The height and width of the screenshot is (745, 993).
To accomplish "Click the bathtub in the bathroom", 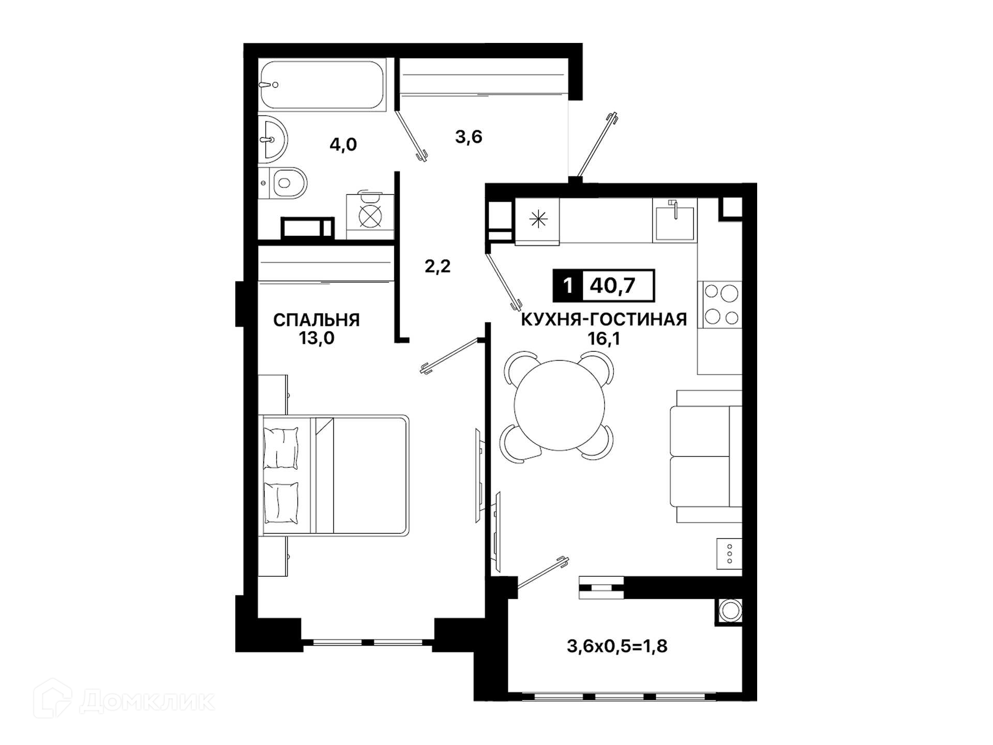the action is pyautogui.click(x=321, y=84).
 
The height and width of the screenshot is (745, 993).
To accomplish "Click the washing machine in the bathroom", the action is pyautogui.click(x=370, y=215).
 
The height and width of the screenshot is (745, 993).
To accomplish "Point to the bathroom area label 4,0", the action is pyautogui.click(x=343, y=144).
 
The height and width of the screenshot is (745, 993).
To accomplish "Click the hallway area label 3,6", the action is pyautogui.click(x=469, y=137).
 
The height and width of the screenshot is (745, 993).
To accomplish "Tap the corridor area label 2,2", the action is pyautogui.click(x=438, y=266).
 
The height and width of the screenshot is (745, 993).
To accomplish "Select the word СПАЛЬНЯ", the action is pyautogui.click(x=317, y=320).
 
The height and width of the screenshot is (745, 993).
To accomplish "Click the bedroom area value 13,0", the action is pyautogui.click(x=317, y=338).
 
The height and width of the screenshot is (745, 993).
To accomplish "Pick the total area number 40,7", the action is pyautogui.click(x=613, y=285).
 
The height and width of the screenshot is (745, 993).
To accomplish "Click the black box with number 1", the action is pyautogui.click(x=568, y=285).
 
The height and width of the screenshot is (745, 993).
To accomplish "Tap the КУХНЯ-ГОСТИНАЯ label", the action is pyautogui.click(x=604, y=319).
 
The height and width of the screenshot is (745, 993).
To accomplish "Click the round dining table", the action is pyautogui.click(x=559, y=405).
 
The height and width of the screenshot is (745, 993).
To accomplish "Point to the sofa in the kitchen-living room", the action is pyautogui.click(x=706, y=456).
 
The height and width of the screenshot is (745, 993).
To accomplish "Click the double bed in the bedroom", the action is pyautogui.click(x=334, y=474).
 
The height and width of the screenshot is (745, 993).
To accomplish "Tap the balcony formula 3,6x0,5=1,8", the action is pyautogui.click(x=617, y=646).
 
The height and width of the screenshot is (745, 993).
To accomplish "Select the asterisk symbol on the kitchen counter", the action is pyautogui.click(x=538, y=219).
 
